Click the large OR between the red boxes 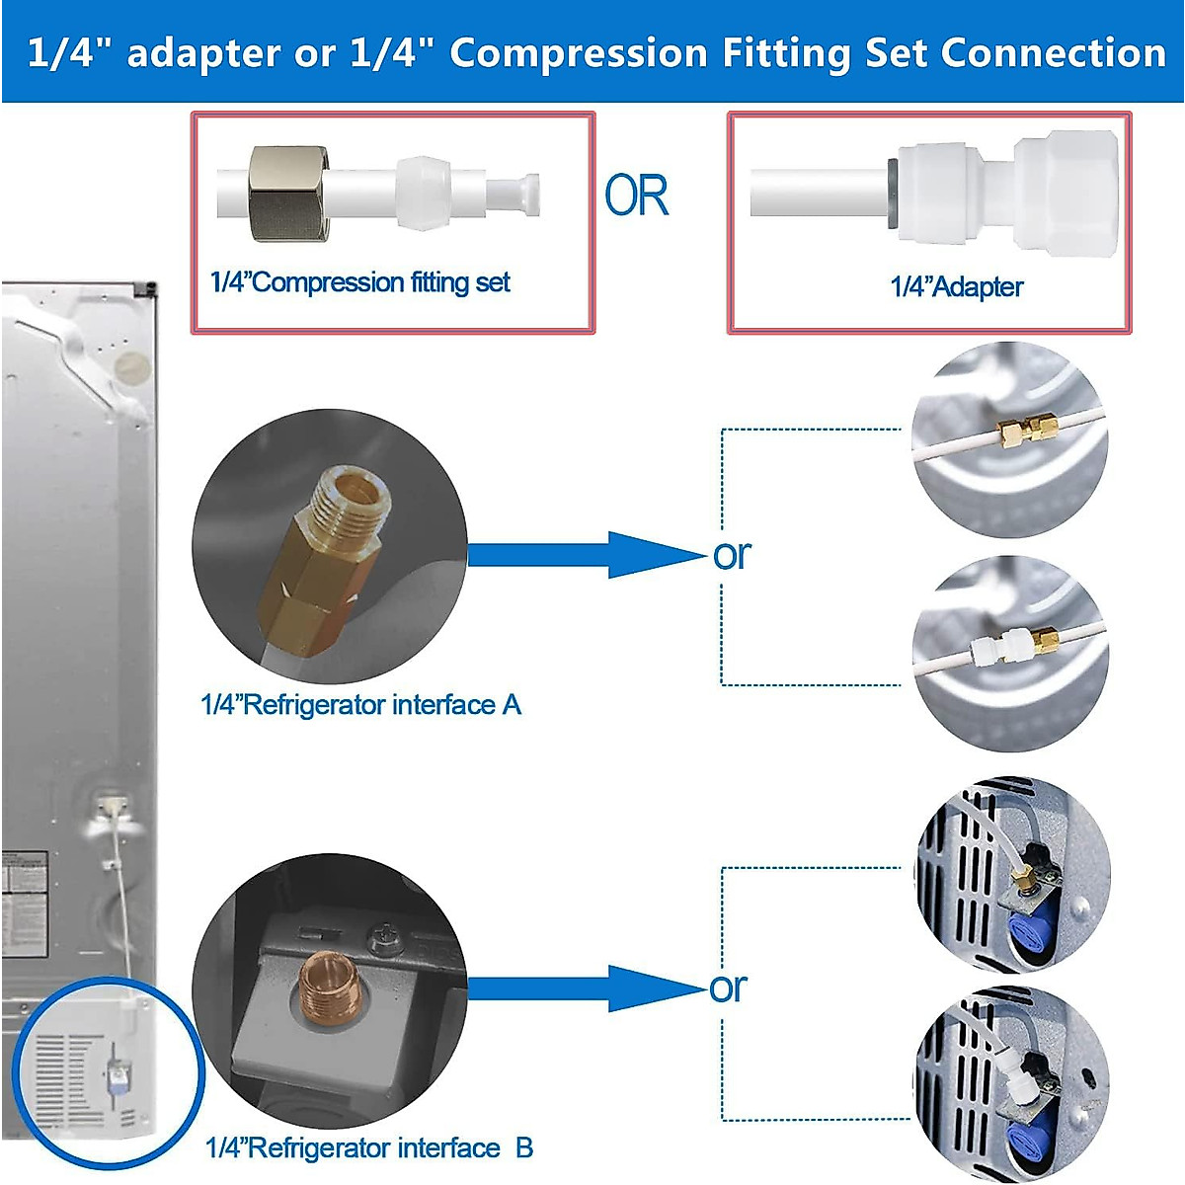pos(637,195)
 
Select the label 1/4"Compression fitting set pos(360,282)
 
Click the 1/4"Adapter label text pos(956,287)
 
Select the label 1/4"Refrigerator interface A pos(360,705)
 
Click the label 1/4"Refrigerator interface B pos(369,1148)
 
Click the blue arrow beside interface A pos(583,555)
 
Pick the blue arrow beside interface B pos(583,988)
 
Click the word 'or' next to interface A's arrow pos(732,555)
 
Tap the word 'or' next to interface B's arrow pos(729,987)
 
